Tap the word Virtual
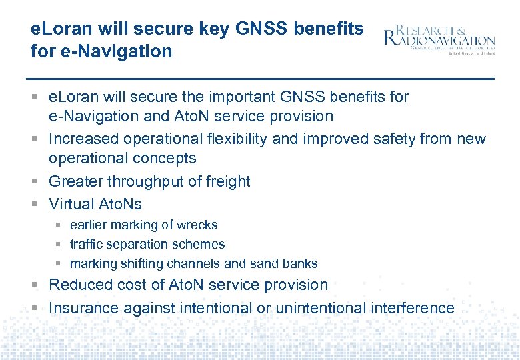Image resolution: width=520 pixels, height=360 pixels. (71, 204)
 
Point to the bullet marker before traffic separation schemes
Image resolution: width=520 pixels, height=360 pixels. (59, 245)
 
